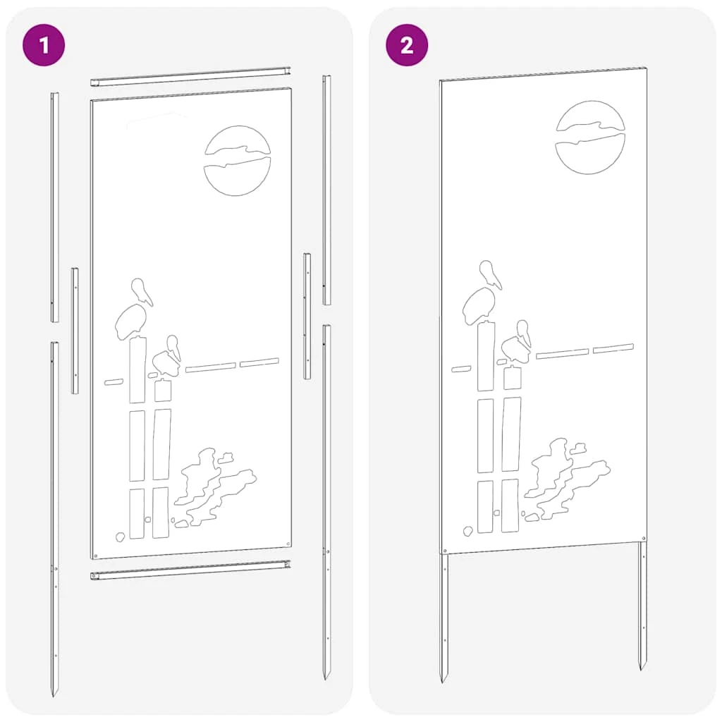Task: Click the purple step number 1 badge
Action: click(44, 45)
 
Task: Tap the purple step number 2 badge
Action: click(407, 45)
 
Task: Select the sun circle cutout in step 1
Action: click(237, 161)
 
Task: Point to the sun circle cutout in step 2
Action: click(590, 137)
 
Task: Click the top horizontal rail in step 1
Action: click(190, 76)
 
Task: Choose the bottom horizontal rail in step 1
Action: click(190, 570)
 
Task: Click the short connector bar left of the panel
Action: click(75, 331)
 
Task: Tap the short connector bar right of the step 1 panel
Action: click(307, 316)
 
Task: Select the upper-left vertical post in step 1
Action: click(54, 207)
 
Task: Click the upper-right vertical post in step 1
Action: click(326, 190)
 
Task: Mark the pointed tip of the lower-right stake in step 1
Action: click(326, 678)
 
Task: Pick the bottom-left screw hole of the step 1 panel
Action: click(95, 556)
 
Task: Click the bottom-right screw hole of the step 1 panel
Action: click(288, 544)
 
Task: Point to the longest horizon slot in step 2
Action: click(562, 353)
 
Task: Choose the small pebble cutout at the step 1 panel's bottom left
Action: click(120, 537)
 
